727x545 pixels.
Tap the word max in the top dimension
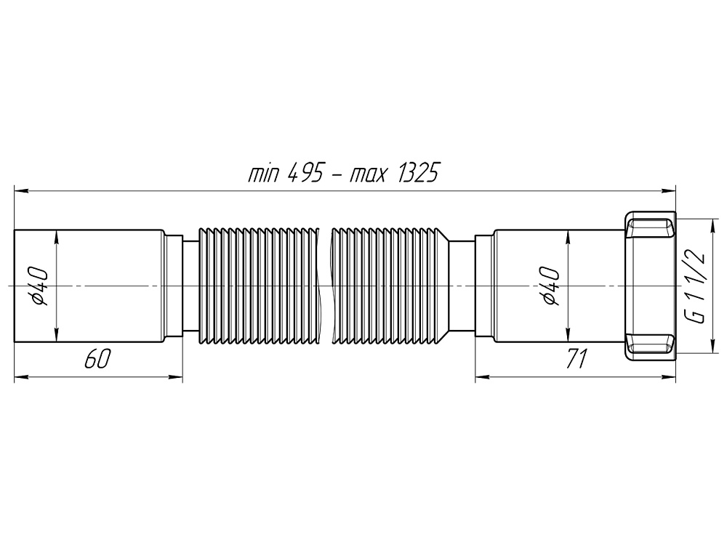click(x=368, y=176)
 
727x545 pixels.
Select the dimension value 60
click(x=97, y=360)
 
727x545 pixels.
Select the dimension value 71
click(x=576, y=360)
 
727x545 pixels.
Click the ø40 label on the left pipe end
click(x=41, y=287)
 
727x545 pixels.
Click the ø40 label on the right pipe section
click(x=550, y=287)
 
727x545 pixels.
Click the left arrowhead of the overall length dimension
click(x=20, y=192)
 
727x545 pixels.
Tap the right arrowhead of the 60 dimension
click(x=176, y=377)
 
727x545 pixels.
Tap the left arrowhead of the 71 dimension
click(x=481, y=377)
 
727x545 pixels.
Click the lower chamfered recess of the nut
click(x=651, y=342)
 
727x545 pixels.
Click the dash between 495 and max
click(x=336, y=177)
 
